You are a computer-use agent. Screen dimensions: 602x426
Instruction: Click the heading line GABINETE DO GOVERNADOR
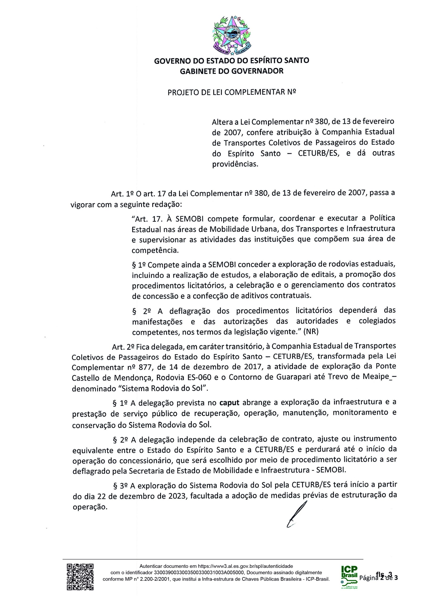click(x=231, y=71)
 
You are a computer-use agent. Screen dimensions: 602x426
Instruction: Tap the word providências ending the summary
click(x=235, y=165)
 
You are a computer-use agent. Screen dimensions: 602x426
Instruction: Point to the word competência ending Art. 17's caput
click(x=155, y=250)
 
